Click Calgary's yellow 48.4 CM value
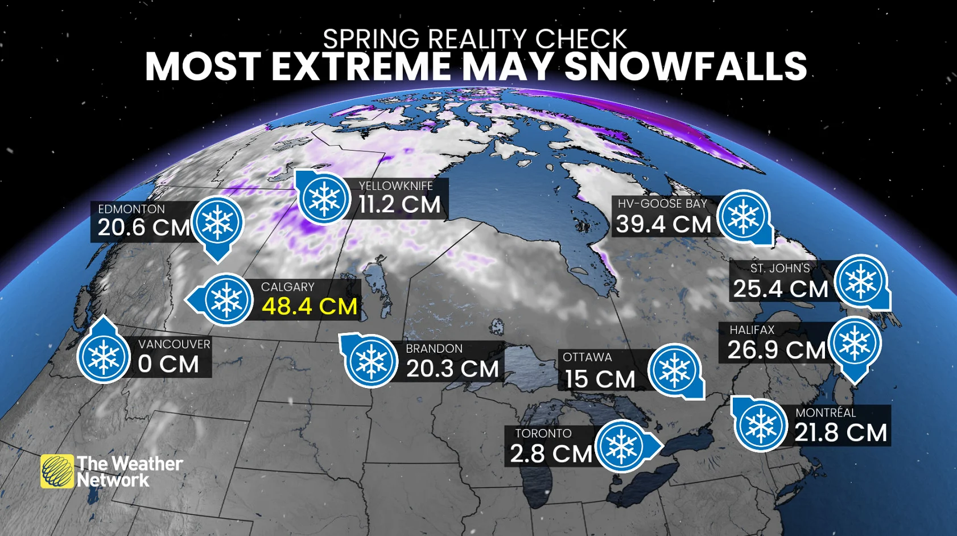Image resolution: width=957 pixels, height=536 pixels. [309, 307]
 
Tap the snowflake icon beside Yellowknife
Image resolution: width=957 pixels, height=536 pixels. [323, 199]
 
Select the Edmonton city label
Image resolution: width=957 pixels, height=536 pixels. [131, 209]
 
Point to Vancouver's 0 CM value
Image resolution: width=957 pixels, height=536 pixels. [168, 364]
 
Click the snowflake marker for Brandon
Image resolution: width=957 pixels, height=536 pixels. [371, 361]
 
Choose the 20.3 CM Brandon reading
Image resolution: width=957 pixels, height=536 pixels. [452, 369]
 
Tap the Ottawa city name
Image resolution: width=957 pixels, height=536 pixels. [587, 357]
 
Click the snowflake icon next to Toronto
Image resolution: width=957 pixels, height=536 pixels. [621, 446]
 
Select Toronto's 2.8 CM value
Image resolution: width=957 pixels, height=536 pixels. [550, 453]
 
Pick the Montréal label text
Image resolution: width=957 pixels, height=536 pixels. [825, 413]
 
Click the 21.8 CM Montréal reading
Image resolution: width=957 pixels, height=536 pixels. [840, 432]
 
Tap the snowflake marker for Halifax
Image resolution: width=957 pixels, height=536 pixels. [854, 343]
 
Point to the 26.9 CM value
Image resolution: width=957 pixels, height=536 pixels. [776, 350]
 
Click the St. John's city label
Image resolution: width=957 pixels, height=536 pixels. [779, 268]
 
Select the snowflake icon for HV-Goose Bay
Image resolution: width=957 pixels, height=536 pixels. [743, 216]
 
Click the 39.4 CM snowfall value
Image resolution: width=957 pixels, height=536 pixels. [663, 224]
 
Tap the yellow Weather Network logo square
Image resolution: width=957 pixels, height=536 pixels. [57, 471]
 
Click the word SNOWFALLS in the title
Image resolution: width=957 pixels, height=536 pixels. [685, 67]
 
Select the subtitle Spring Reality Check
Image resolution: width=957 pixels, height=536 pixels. [475, 39]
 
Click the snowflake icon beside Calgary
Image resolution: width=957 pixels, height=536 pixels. [226, 299]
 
